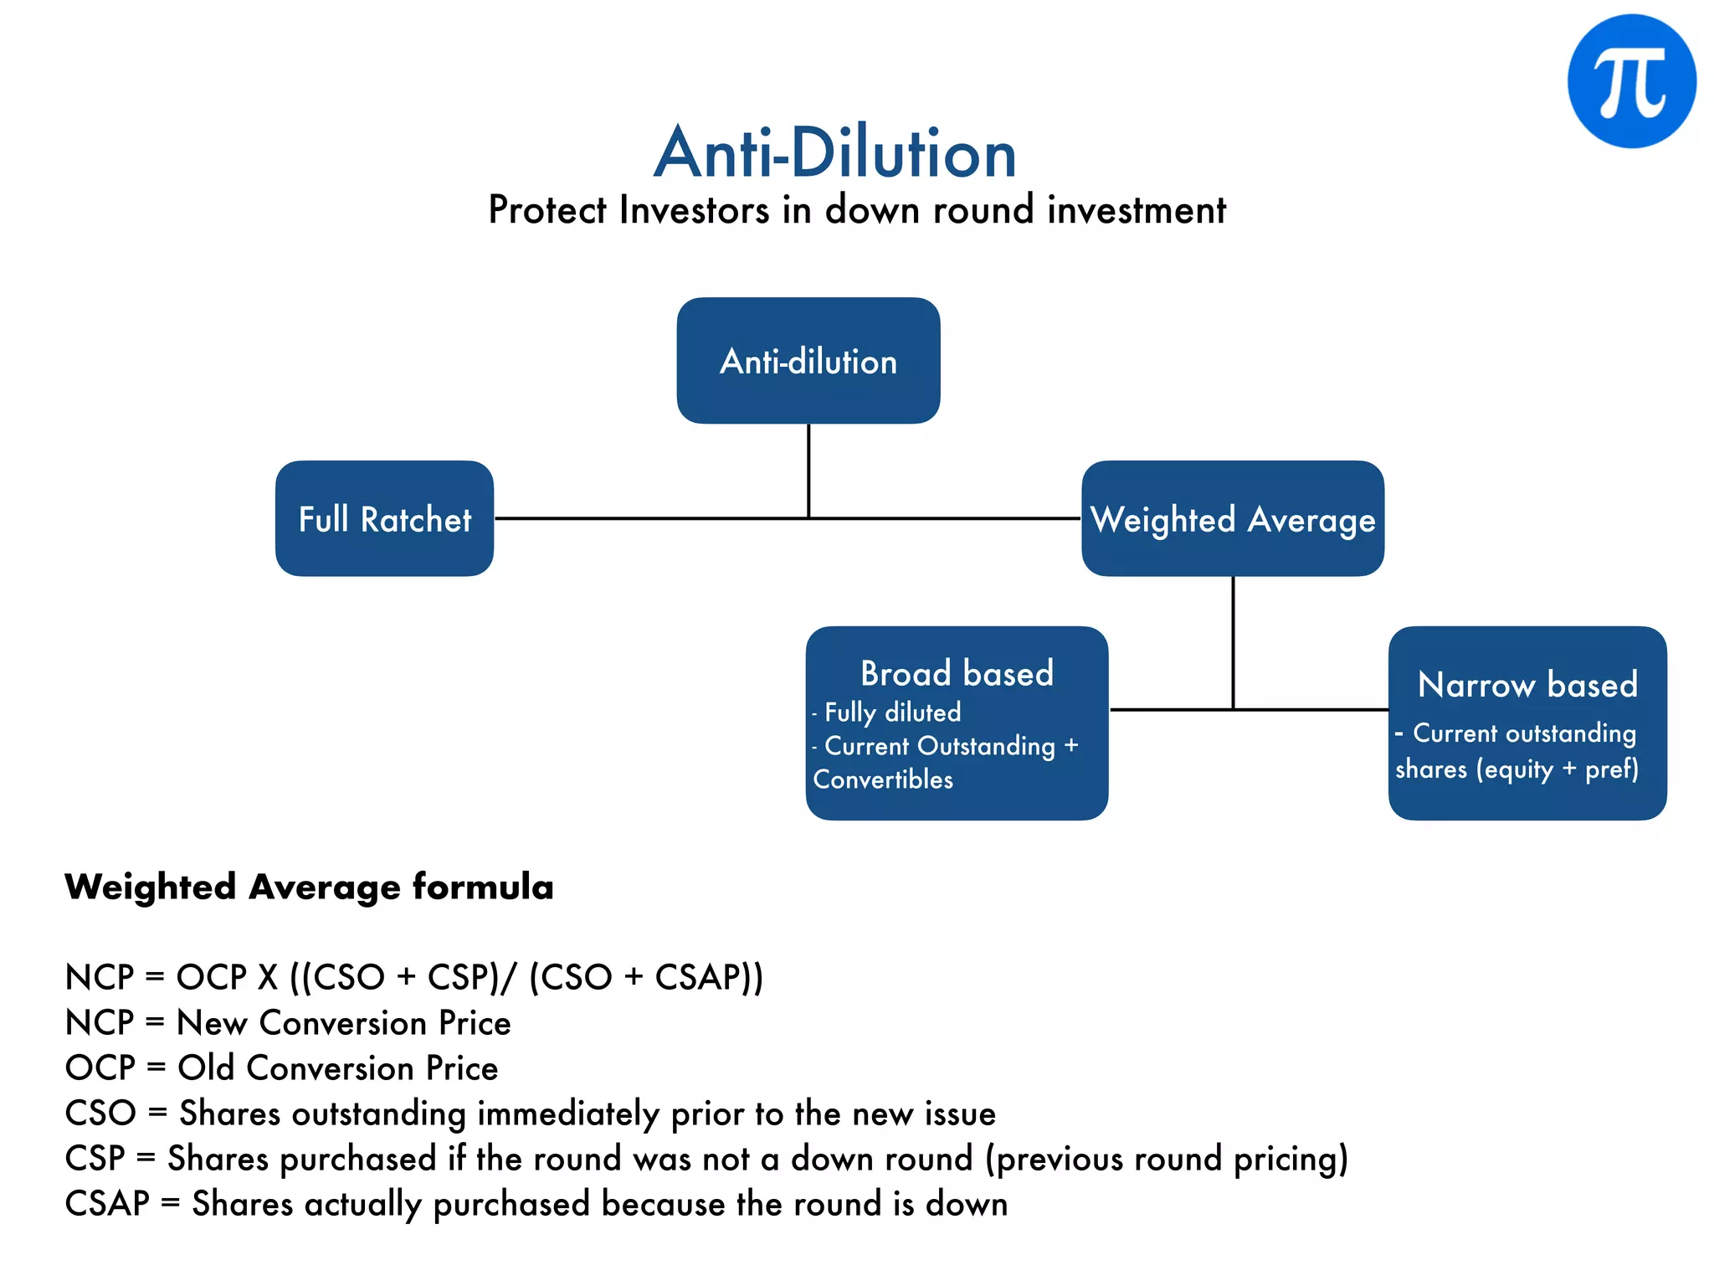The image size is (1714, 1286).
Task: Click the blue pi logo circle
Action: tap(1631, 81)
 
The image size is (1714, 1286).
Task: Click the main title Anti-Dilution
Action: tap(834, 153)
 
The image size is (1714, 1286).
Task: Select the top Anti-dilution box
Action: tap(808, 361)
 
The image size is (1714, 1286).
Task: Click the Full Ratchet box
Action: tap(384, 519)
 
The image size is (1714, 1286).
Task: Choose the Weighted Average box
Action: tap(1232, 519)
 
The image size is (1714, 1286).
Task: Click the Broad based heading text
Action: tap(957, 673)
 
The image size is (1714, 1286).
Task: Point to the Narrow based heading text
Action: tap(1527, 684)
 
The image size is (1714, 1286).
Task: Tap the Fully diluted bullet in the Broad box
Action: tap(892, 712)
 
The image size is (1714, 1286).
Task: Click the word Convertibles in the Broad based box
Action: tap(883, 779)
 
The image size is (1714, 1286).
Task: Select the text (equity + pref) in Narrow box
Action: tap(1557, 769)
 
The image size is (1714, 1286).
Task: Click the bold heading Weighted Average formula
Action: tap(309, 887)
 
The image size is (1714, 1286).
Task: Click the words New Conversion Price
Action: tap(344, 1023)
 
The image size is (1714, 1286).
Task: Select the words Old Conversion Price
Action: tap(338, 1068)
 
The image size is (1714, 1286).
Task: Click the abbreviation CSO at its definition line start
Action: tap(100, 1114)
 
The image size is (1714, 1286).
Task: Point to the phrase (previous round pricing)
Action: tap(1167, 1159)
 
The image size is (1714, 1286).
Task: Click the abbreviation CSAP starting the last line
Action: tap(107, 1204)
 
